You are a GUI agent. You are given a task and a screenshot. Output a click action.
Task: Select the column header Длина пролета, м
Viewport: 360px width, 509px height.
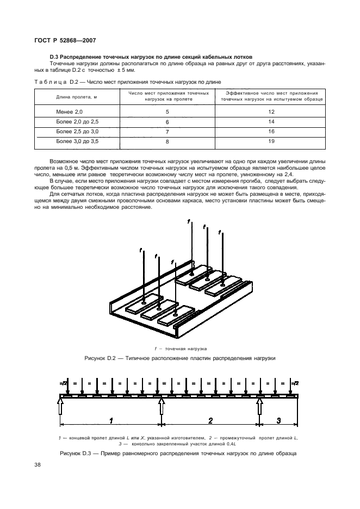point(77,97)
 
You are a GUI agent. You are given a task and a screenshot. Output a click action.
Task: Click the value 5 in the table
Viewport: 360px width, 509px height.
point(167,111)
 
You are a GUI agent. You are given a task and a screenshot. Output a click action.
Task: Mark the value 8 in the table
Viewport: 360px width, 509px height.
point(167,141)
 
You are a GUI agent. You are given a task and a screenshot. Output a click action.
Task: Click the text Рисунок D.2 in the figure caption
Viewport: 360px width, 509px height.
point(102,359)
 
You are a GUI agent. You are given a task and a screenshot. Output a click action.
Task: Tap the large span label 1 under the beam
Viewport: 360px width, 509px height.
point(111,419)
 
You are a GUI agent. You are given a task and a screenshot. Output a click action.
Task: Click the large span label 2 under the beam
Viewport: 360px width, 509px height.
point(210,419)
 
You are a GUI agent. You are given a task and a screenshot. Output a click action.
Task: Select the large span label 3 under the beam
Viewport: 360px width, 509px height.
point(278,419)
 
